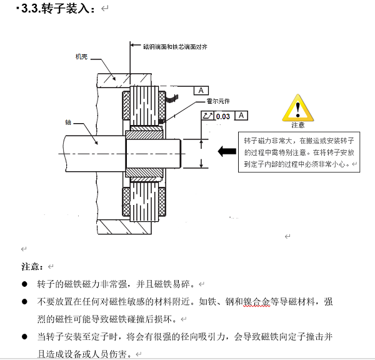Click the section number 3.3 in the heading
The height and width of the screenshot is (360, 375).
coord(31,9)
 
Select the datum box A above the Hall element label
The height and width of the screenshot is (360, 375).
coord(201,91)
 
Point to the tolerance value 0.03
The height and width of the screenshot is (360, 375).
coord(222,116)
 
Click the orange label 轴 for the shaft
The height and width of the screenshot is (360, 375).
coord(68,122)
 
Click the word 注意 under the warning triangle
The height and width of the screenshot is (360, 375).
coord(297,126)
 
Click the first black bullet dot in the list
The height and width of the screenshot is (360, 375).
coord(24,284)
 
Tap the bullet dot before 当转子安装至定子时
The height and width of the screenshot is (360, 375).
coord(24,337)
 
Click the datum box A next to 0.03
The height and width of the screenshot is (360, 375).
coord(241,116)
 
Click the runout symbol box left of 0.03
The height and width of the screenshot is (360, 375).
coord(207,116)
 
